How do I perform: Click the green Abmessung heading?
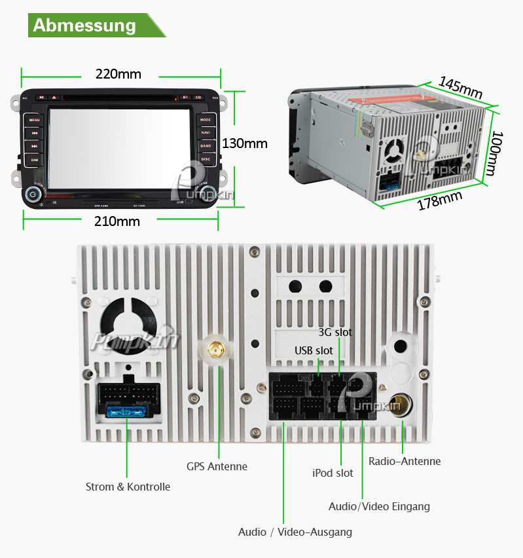(x=84, y=26)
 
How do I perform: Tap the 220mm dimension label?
(x=118, y=74)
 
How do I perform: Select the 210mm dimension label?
(x=117, y=221)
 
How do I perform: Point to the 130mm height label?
(x=245, y=143)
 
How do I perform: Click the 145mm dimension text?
(x=460, y=87)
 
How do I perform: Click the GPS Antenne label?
(x=217, y=466)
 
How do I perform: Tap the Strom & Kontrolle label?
(x=128, y=487)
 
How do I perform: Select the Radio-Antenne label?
(x=405, y=461)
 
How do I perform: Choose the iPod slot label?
(x=333, y=473)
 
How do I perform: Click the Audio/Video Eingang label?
(x=379, y=506)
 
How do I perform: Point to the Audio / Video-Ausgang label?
(x=295, y=532)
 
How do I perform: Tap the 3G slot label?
(x=335, y=332)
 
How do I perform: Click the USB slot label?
(x=314, y=350)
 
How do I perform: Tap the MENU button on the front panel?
(x=34, y=120)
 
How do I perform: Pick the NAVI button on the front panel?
(x=206, y=133)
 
